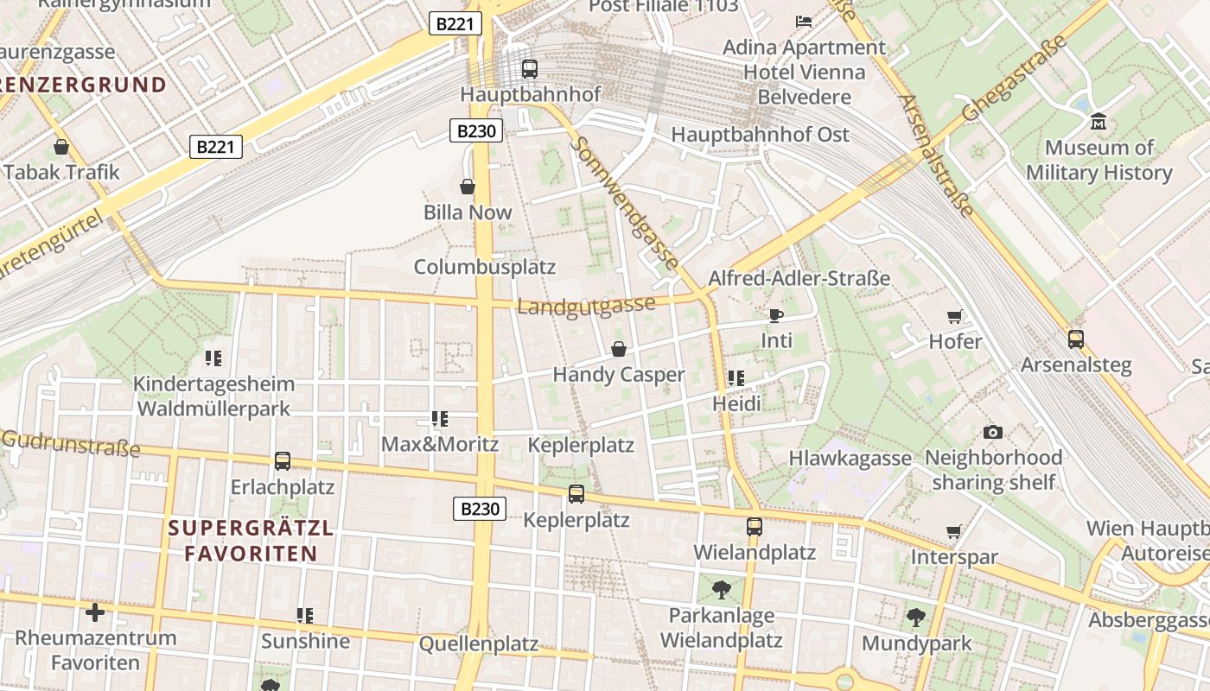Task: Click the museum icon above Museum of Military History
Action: (x=1099, y=121)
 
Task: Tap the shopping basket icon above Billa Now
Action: (x=468, y=187)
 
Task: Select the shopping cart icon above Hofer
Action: (x=955, y=316)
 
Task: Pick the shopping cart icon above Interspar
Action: (x=954, y=531)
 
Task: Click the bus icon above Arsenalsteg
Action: (x=1076, y=339)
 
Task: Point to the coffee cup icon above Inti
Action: (x=775, y=315)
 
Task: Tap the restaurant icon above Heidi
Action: (x=736, y=378)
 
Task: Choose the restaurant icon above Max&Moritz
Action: (x=440, y=420)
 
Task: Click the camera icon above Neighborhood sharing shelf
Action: (x=993, y=432)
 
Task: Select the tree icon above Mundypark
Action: (x=916, y=618)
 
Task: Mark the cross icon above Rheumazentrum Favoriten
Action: (x=95, y=613)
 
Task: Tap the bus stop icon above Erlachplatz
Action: (x=283, y=461)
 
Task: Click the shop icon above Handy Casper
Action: (x=619, y=349)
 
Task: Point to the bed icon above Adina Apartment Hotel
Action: (x=804, y=21)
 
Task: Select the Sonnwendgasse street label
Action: (x=623, y=203)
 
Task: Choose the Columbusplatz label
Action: (x=484, y=266)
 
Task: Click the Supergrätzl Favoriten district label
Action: (x=251, y=541)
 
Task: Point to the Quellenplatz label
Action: (x=478, y=643)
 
